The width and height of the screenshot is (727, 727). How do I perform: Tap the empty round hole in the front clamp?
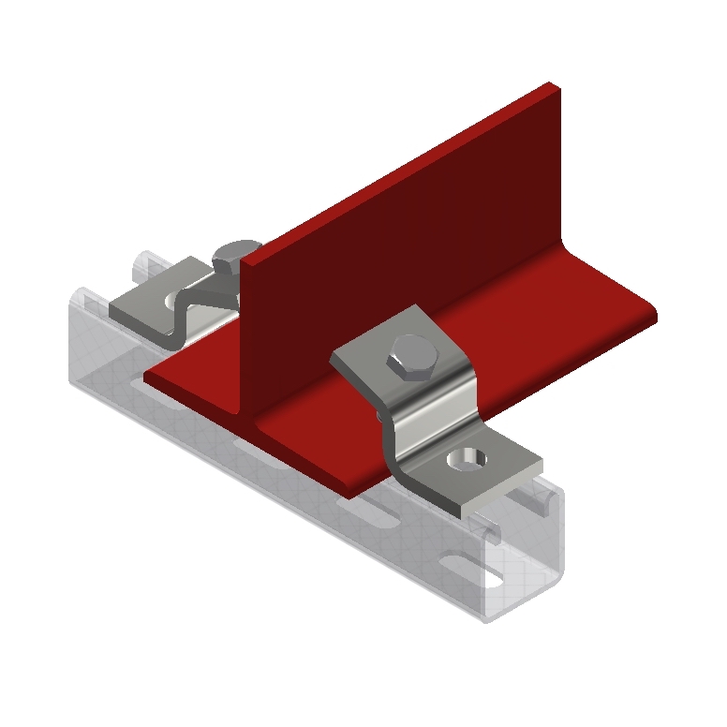pyautogui.click(x=467, y=459)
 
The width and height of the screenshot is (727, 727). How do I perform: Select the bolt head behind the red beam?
pyautogui.click(x=234, y=255)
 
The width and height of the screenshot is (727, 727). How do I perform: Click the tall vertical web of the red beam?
pyautogui.click(x=393, y=244)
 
